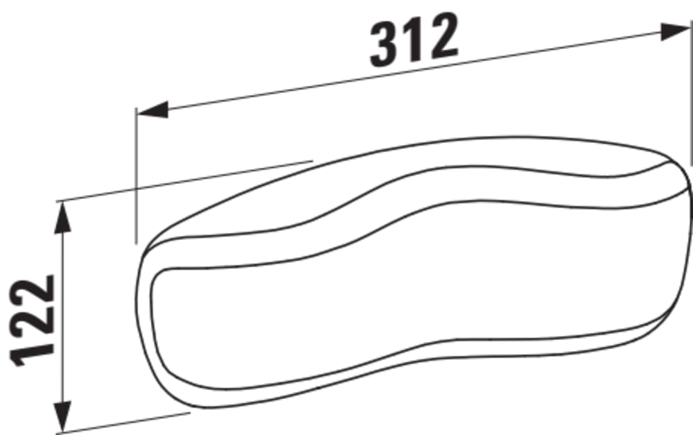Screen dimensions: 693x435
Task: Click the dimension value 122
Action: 33,321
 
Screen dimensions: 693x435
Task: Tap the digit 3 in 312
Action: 384,45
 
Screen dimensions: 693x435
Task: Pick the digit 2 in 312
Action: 442,35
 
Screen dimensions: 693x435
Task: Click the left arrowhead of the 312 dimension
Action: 152,110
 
